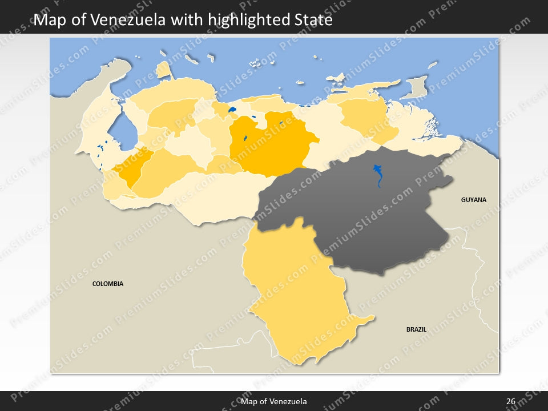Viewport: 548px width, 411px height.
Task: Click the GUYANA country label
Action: click(x=474, y=200)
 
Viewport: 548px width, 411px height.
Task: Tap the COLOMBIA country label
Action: click(x=108, y=284)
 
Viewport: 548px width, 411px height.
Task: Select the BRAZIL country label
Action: click(x=416, y=329)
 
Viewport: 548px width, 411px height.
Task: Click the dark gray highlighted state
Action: click(x=365, y=217)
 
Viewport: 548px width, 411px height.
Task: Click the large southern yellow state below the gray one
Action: click(x=297, y=297)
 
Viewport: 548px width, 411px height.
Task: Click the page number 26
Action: click(x=510, y=401)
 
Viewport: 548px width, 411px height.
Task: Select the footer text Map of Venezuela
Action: click(x=274, y=401)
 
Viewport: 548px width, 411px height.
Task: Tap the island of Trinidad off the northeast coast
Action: click(x=414, y=88)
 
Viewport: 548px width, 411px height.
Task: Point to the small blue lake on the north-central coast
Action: click(x=232, y=109)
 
